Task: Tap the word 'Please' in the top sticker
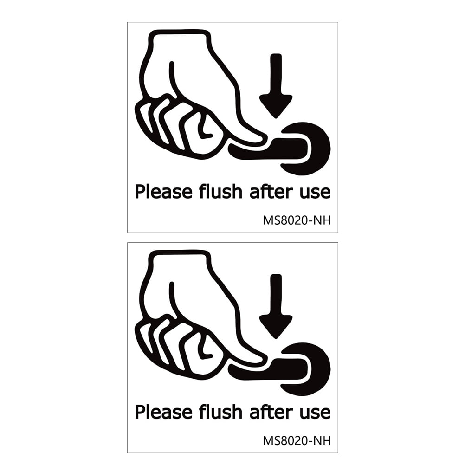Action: tap(159, 192)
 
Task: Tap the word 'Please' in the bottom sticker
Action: tap(159, 412)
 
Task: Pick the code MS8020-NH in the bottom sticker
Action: tap(297, 440)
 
